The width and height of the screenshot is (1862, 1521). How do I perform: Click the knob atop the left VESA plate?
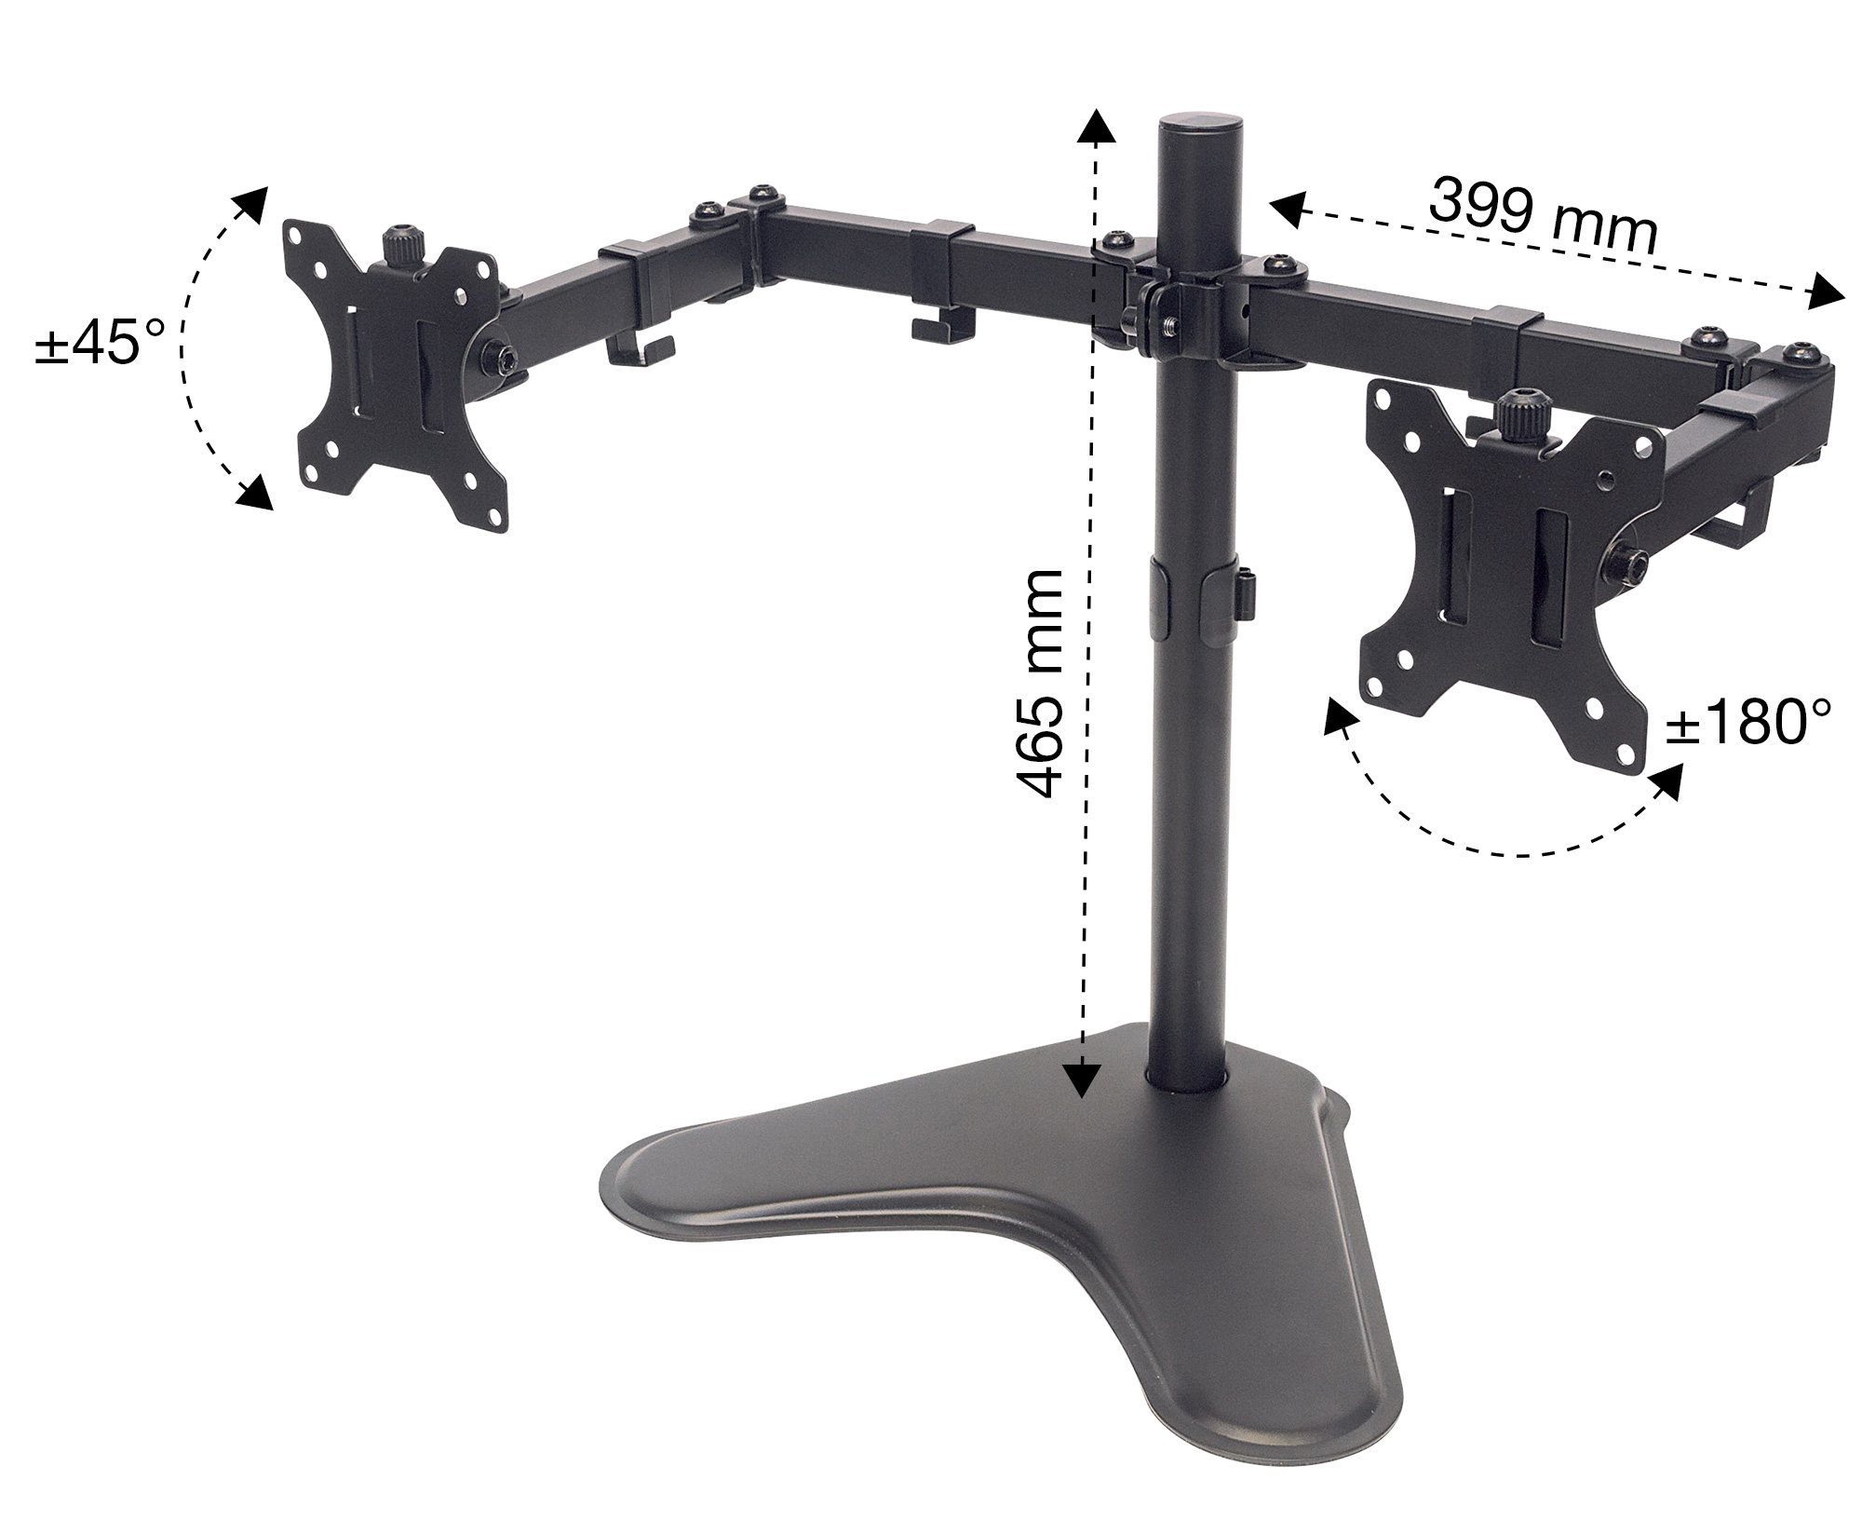pos(403,246)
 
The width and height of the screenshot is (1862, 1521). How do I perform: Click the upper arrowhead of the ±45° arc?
pos(252,203)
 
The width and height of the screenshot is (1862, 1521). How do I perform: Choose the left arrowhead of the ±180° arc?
pos(1339,720)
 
